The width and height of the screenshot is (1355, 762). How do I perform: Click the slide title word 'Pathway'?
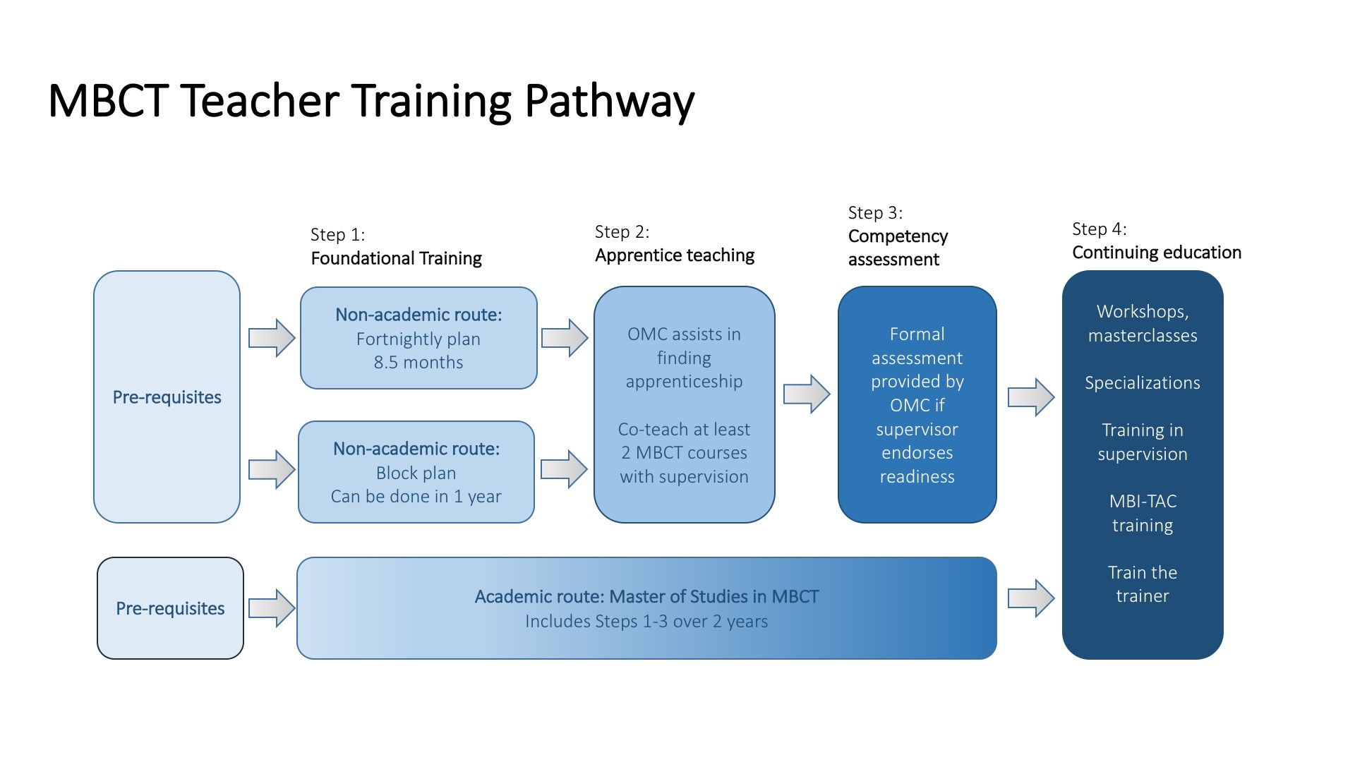point(610,102)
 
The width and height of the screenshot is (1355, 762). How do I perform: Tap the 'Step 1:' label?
point(338,235)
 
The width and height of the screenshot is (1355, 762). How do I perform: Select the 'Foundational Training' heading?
point(396,258)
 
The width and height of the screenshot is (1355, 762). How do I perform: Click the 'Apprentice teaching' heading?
point(675,255)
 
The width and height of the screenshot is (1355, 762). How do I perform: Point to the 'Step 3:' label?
point(875,213)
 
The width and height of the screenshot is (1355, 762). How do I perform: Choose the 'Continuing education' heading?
point(1157,253)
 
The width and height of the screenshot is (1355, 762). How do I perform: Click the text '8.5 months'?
point(418,363)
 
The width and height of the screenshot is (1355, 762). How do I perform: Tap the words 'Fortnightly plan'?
point(418,339)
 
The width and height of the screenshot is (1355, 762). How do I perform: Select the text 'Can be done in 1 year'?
point(416,497)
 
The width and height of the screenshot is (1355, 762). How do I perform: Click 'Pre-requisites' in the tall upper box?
point(167,397)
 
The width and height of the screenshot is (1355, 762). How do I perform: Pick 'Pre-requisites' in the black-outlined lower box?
point(170,608)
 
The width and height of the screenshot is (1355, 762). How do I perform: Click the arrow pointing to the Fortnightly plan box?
point(272,338)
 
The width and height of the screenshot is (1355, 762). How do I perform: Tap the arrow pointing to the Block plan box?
point(272,469)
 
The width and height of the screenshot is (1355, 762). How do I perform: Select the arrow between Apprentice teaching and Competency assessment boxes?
point(807,394)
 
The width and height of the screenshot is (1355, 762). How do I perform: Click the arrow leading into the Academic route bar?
point(272,607)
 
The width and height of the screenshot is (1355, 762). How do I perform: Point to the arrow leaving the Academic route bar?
point(1031,598)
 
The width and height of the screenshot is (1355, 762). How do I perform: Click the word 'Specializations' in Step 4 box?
point(1143,383)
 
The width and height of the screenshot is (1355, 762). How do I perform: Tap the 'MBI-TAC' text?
point(1143,502)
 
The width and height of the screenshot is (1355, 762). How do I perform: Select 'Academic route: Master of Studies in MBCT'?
point(646,597)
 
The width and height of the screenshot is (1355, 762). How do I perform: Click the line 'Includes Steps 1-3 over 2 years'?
point(646,622)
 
